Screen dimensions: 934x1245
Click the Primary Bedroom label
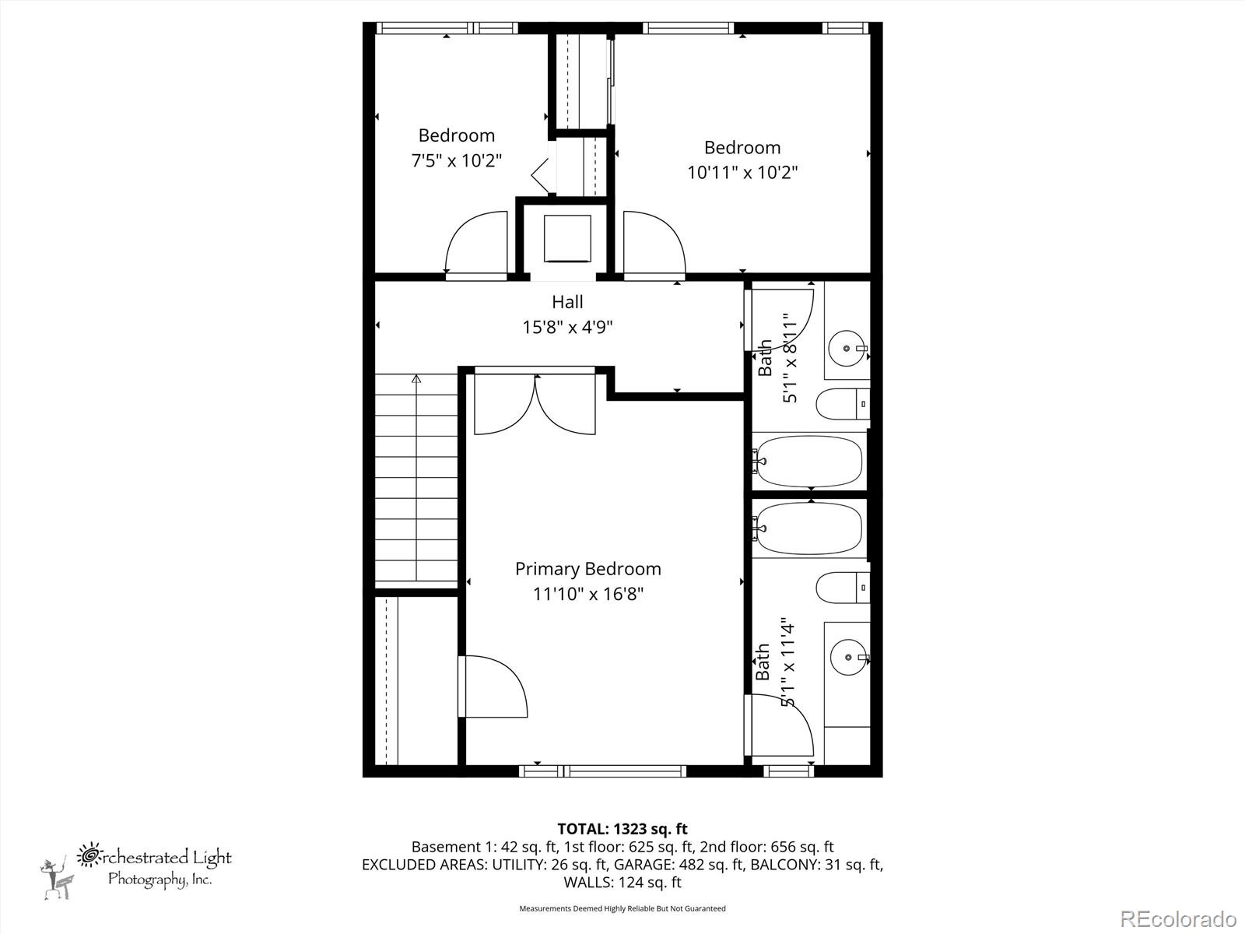tap(588, 569)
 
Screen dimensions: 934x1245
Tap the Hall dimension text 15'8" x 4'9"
tap(567, 327)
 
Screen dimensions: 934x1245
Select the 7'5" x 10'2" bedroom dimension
tap(457, 161)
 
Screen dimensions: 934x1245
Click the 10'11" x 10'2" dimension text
tap(742, 172)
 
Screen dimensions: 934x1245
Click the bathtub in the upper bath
tap(809, 461)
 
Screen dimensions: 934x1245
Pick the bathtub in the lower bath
tap(809, 528)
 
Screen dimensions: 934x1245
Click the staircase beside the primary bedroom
tap(417, 479)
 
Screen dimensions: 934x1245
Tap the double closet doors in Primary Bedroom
tap(535, 405)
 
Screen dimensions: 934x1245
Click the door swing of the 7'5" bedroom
tap(476, 243)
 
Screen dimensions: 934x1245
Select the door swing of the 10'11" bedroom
tap(654, 243)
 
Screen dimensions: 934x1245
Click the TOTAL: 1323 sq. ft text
tap(622, 829)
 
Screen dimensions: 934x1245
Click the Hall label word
tap(567, 302)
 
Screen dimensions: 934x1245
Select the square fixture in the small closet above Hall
tap(567, 238)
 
